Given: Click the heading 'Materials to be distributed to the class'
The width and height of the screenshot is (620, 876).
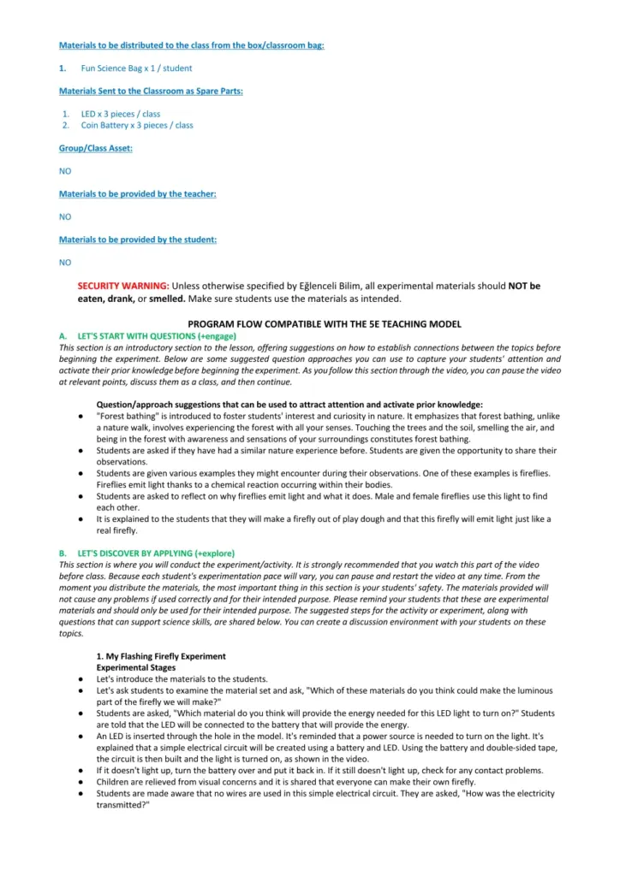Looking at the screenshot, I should click(x=191, y=45).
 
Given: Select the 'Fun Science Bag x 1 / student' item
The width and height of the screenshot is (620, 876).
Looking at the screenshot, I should click(x=136, y=68).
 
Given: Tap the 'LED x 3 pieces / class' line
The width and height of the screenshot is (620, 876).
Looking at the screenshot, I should click(x=120, y=114).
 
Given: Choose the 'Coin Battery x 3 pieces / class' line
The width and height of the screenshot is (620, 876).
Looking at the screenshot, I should click(x=136, y=125).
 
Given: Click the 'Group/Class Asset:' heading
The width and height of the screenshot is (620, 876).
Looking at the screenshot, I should click(x=95, y=148).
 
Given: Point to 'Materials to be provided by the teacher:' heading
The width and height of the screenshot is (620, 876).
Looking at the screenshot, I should click(x=137, y=194).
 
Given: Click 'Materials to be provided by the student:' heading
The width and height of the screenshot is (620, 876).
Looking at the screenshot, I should click(x=137, y=240).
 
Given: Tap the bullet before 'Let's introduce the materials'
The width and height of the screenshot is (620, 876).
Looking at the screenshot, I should click(x=80, y=678).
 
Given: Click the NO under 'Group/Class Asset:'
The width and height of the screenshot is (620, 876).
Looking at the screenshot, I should click(x=65, y=171).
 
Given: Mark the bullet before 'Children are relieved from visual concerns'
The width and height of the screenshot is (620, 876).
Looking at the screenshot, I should click(x=80, y=782).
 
